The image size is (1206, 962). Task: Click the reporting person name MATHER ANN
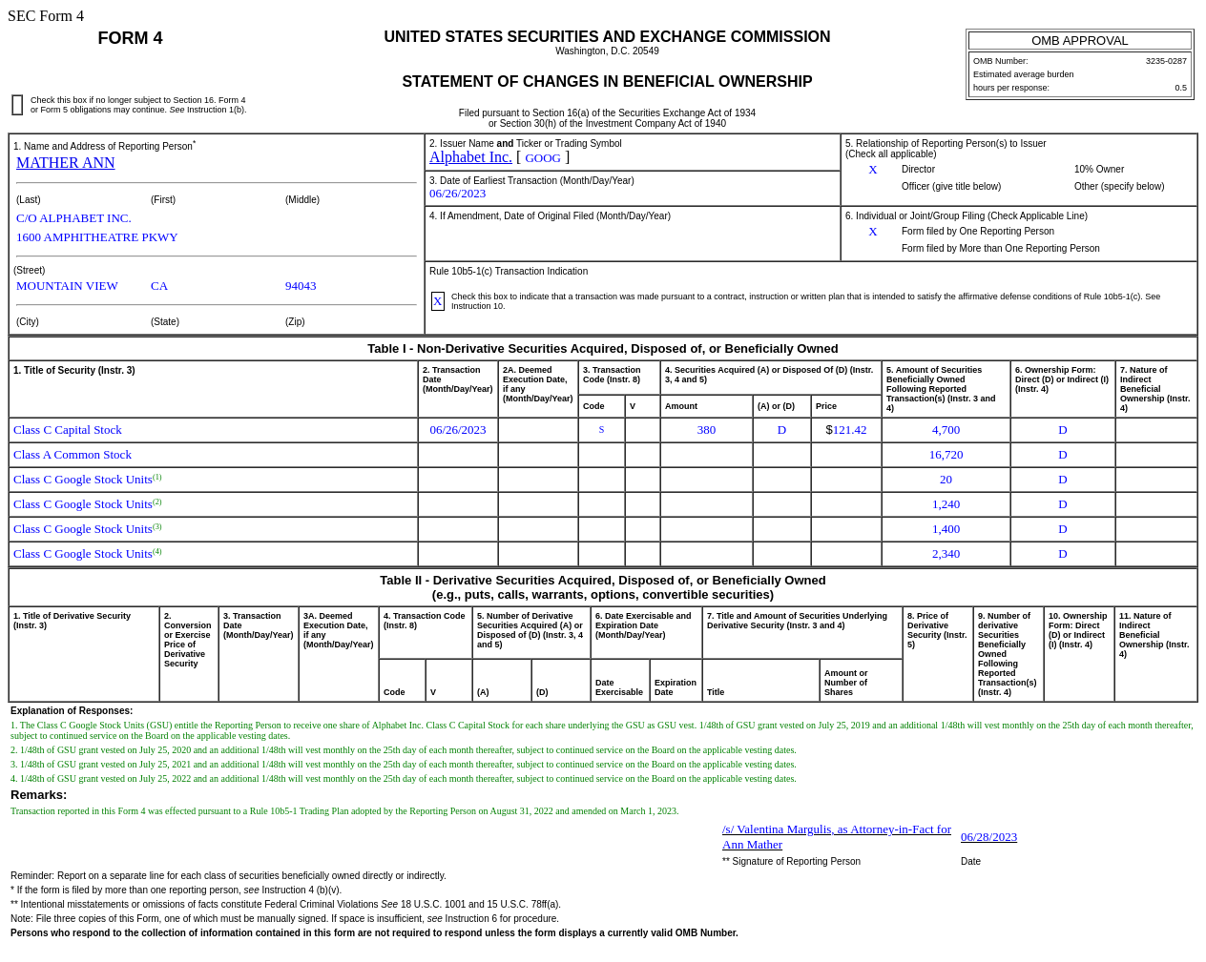65,163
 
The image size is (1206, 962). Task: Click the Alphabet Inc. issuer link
470,157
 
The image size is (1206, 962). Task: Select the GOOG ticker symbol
542,158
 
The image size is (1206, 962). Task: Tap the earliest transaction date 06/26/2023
457,194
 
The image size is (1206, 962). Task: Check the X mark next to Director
872,170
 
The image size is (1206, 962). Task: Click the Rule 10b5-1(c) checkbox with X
438,301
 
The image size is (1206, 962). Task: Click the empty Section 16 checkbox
17,105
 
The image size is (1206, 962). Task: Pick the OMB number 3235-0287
1165,61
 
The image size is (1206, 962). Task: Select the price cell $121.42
846,430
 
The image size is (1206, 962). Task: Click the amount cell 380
706,430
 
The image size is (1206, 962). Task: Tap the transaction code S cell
601,430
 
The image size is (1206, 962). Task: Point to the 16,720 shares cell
946,455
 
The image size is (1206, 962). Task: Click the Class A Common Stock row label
73,455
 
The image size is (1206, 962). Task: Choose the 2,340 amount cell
946,554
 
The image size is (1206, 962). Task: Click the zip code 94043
301,286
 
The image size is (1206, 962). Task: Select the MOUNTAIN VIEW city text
67,286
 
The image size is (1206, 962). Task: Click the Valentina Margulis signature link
836,837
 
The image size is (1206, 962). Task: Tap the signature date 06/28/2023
988,837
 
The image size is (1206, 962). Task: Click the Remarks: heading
38,795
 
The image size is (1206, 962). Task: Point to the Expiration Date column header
675,687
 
